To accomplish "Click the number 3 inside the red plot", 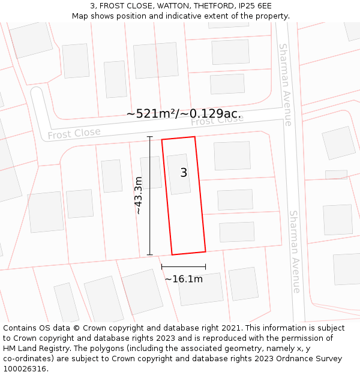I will coord(184,173).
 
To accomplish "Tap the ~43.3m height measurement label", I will coord(139,195).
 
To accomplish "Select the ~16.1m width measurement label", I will coord(184,279).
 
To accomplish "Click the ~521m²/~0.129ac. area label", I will coord(184,113).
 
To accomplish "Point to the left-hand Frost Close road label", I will coord(74,134).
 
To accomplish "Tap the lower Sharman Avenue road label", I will coord(295,251).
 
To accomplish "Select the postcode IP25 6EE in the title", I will coord(255,5).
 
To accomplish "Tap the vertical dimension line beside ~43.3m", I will coord(150,196).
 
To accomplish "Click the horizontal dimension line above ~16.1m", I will coord(184,267).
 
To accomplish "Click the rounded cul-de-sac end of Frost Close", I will coord(37,96).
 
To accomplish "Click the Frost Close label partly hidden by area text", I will coord(217,121).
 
